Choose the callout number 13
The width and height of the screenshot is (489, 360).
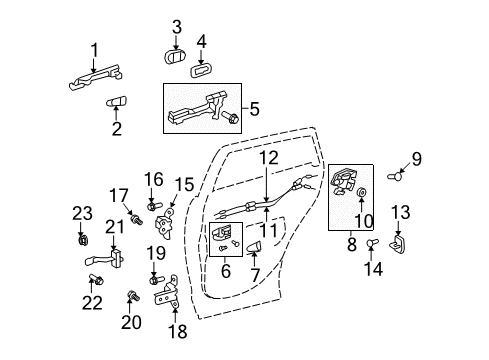pos(401,212)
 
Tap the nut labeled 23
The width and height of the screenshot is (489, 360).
pos(80,239)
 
